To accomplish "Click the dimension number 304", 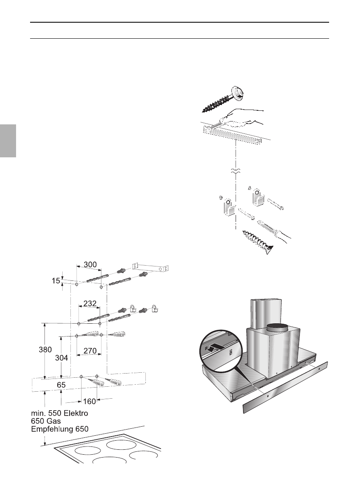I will click(x=62, y=358).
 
